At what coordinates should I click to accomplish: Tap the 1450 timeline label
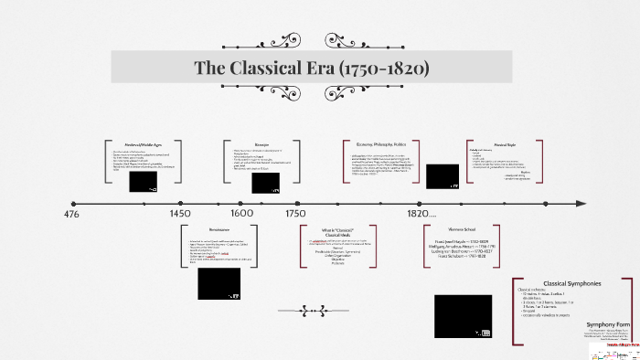[x=180, y=213]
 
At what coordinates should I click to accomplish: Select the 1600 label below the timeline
[x=242, y=213]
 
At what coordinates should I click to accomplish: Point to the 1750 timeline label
[x=295, y=213]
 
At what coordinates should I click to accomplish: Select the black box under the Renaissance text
[x=219, y=284]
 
